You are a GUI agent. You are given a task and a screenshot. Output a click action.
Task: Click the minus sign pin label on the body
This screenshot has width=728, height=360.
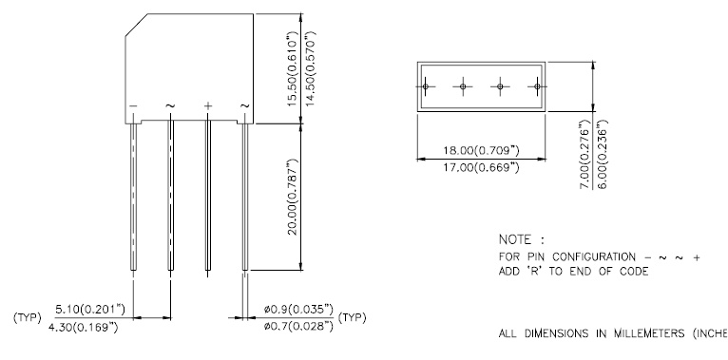(134, 104)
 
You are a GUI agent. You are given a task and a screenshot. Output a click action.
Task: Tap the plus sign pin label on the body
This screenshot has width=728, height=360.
(208, 104)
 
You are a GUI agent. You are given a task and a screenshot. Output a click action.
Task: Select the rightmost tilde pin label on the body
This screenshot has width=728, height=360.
(244, 104)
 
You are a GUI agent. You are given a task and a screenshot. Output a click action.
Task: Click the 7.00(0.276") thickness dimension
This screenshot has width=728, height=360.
(584, 154)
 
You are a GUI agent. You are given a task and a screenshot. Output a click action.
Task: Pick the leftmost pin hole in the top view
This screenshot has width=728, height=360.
(427, 87)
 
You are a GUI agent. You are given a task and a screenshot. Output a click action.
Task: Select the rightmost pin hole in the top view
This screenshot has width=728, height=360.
(537, 87)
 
